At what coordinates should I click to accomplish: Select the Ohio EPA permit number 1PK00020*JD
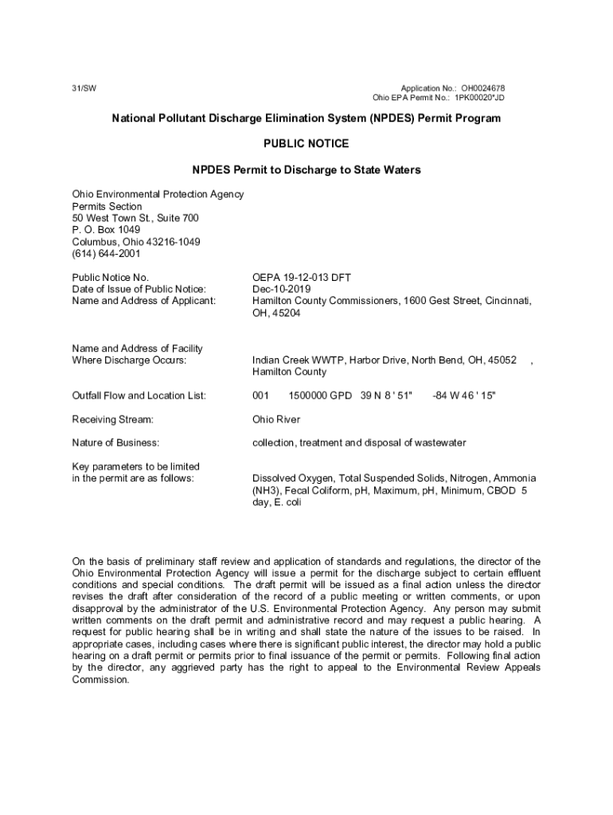coord(479,98)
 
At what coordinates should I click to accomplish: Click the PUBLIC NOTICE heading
coord(306,144)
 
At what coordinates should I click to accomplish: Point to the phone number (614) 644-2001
coord(106,254)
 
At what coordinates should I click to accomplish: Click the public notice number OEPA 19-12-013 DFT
coord(302,278)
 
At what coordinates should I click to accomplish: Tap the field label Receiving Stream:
coord(112,419)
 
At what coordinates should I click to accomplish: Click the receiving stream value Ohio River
coord(276,419)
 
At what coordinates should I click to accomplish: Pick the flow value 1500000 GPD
coord(321,396)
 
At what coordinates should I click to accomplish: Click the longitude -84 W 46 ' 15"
coord(463,396)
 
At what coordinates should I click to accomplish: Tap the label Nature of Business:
coord(115,443)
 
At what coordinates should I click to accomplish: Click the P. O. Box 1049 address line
coord(106,230)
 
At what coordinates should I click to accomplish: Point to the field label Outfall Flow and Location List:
coord(139,396)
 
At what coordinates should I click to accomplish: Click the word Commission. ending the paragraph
coord(100,680)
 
